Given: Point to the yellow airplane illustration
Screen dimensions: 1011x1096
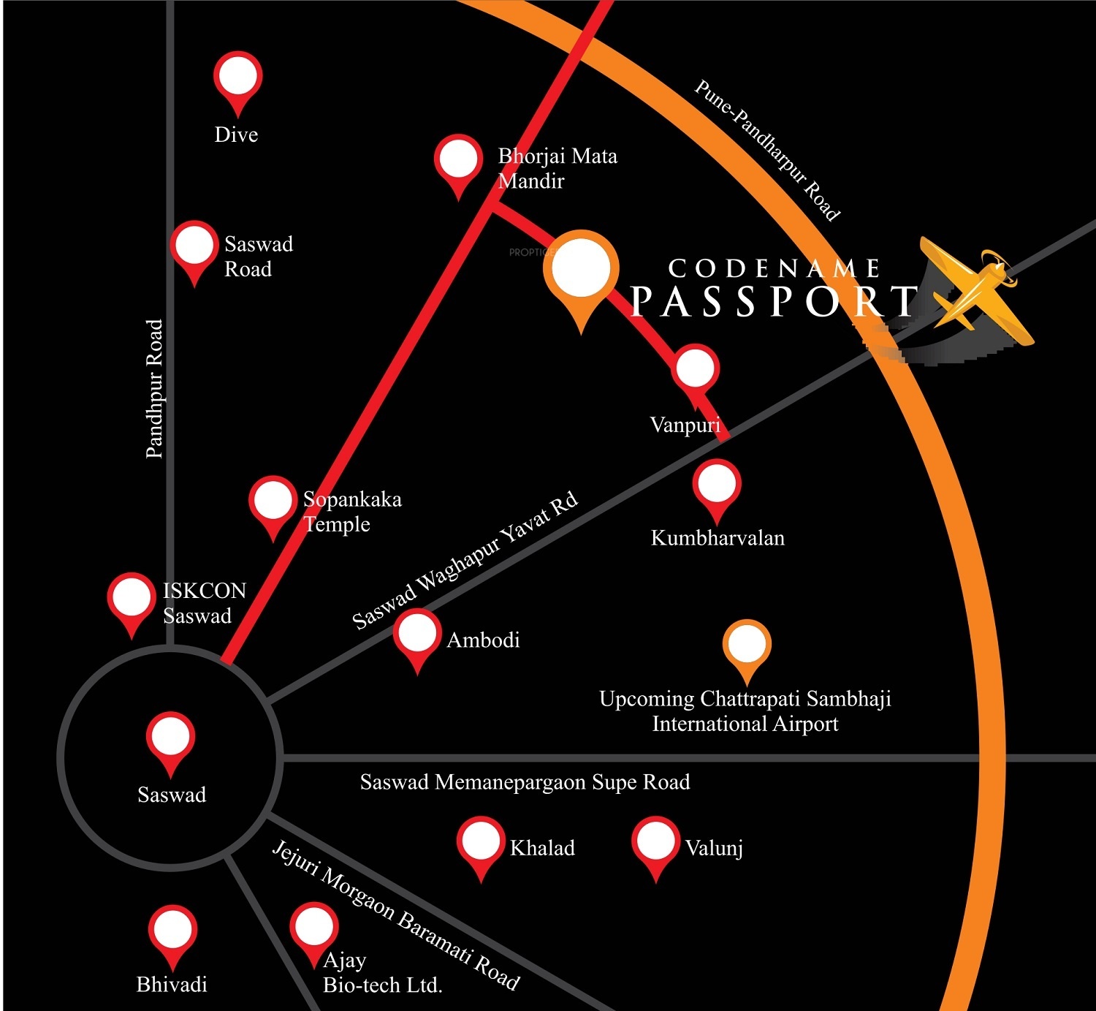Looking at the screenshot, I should (x=975, y=289).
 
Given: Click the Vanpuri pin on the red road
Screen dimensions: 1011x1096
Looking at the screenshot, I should (x=696, y=368).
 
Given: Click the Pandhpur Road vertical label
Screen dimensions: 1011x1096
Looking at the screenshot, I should (x=154, y=389).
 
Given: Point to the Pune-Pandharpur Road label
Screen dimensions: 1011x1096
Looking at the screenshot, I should (x=767, y=150).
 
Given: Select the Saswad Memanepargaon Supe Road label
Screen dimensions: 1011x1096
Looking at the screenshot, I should (x=525, y=782).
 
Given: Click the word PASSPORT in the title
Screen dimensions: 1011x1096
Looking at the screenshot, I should (x=773, y=300).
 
